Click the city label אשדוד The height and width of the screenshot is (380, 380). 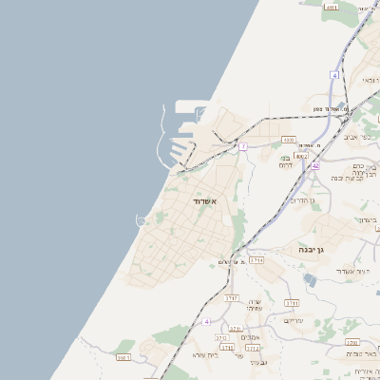pyautogui.click(x=205, y=202)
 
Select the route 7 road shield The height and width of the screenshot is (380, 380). pyautogui.click(x=243, y=146)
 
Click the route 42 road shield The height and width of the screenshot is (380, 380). pyautogui.click(x=314, y=165)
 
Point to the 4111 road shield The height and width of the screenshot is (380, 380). pyautogui.click(x=332, y=7)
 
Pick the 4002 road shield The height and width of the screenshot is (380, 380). pyautogui.click(x=301, y=155)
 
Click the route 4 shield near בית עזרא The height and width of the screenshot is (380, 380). pyautogui.click(x=206, y=322)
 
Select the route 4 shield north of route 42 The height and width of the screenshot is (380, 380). pyautogui.click(x=334, y=74)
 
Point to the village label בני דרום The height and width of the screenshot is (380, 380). pyautogui.click(x=285, y=161)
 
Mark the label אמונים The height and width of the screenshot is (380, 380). pyautogui.click(x=250, y=338)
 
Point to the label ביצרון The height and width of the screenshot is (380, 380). pyautogui.click(x=369, y=219)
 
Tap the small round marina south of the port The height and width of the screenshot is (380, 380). pyautogui.click(x=142, y=220)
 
